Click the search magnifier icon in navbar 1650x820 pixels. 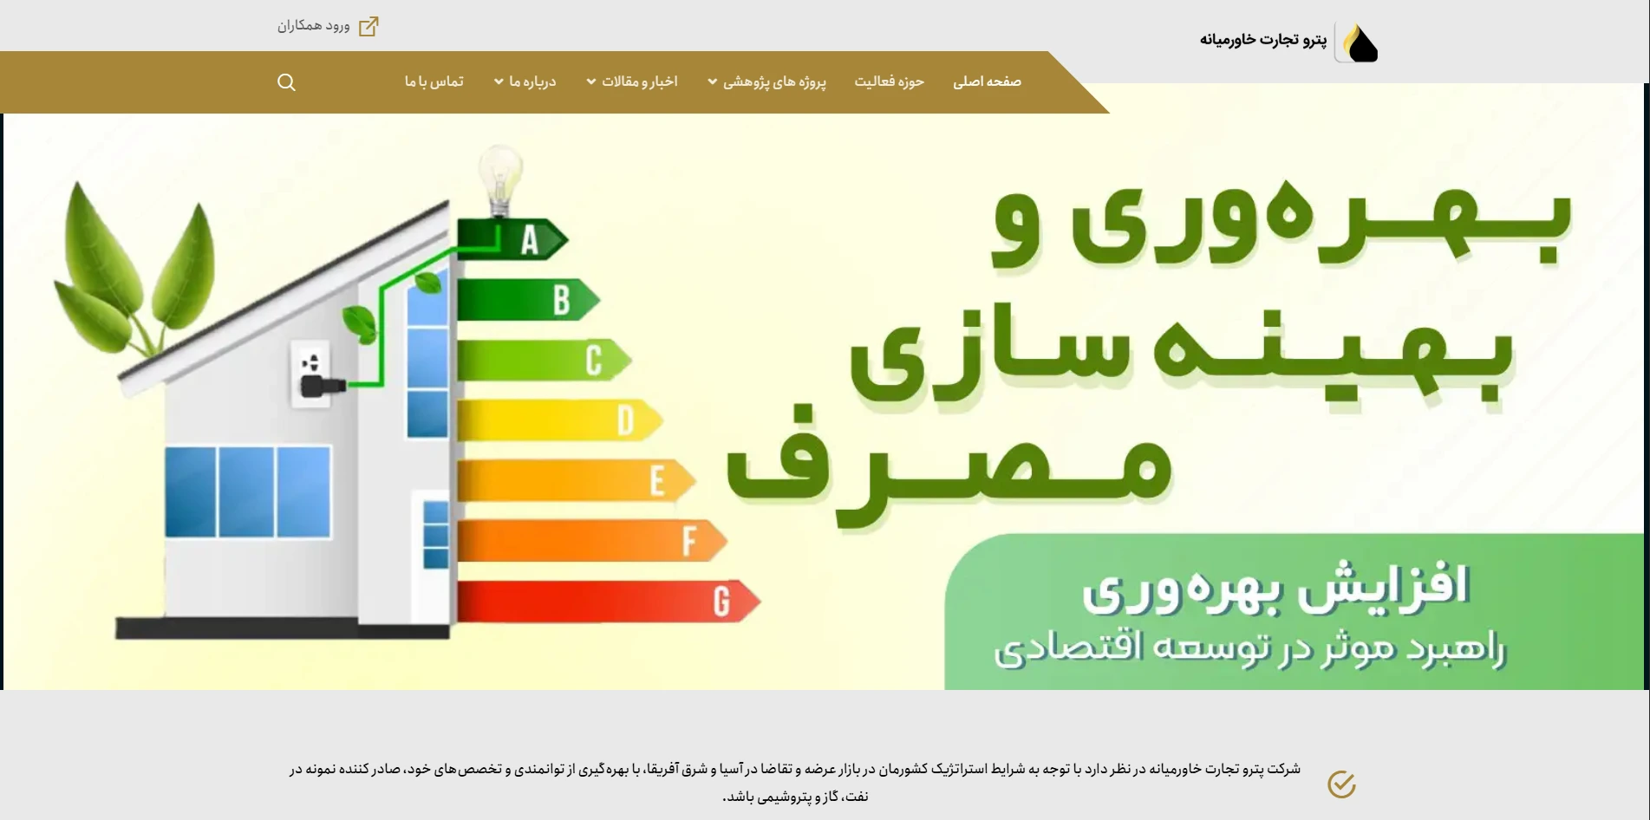pos(286,82)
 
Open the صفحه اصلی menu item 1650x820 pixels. pos(987,81)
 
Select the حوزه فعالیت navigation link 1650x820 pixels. pos(889,81)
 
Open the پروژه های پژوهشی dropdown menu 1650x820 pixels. pos(766,81)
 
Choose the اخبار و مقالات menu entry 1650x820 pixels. pos(632,81)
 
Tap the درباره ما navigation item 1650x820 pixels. pos(525,81)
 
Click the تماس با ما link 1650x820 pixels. pos(434,81)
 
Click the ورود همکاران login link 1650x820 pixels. pos(314,26)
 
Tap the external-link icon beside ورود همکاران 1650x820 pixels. pos(368,26)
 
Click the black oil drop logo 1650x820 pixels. pos(1358,42)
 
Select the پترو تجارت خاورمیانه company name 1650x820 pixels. pos(1263,40)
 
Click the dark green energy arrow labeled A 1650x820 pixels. pos(512,239)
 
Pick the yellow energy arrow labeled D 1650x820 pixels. pos(559,420)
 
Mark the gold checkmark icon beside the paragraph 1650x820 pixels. pos(1341,784)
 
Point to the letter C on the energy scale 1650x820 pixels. pos(593,361)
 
